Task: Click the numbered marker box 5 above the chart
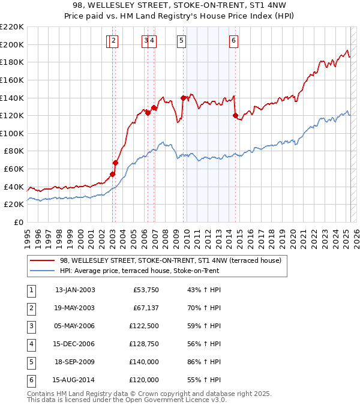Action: (x=181, y=41)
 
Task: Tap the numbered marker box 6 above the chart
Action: (x=233, y=41)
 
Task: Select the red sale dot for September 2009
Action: (x=182, y=98)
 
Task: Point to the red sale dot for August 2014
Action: (x=235, y=115)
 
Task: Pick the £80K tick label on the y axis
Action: (x=14, y=151)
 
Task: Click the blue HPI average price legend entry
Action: (x=139, y=271)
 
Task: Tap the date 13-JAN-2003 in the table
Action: (x=75, y=290)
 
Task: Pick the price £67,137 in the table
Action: (x=146, y=308)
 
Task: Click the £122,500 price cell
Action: (x=144, y=326)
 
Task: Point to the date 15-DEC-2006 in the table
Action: (x=75, y=344)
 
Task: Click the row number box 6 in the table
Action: (x=31, y=380)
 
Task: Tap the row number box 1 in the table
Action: (x=31, y=290)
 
